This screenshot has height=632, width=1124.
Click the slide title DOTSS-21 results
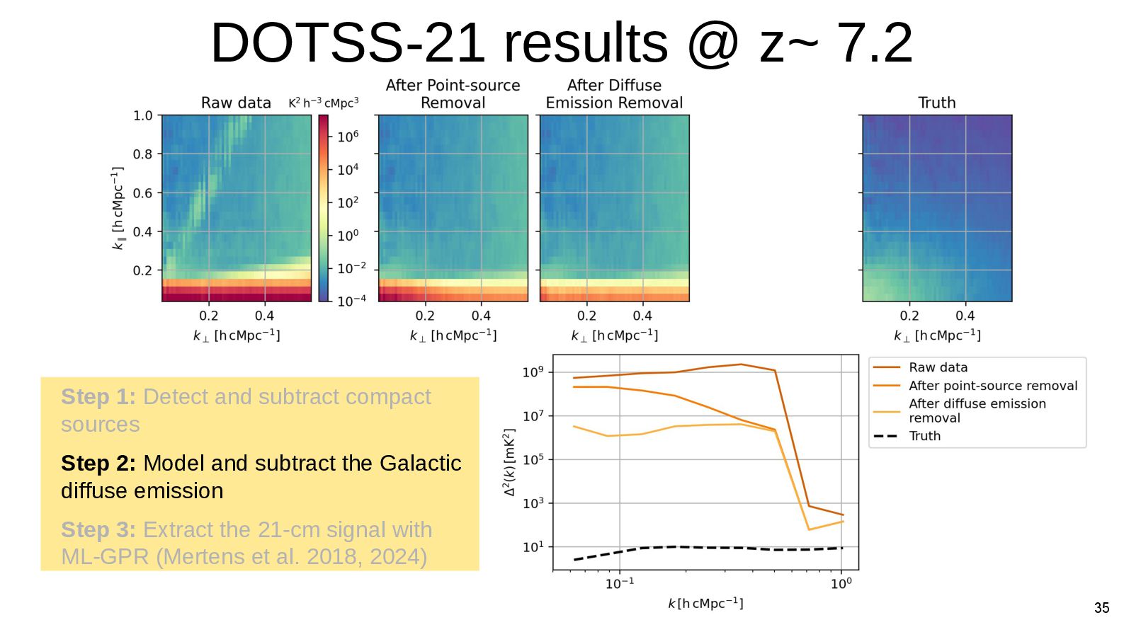pyautogui.click(x=561, y=42)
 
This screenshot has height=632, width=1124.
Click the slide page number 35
pyautogui.click(x=1101, y=608)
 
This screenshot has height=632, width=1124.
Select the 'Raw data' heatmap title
pyautogui.click(x=236, y=103)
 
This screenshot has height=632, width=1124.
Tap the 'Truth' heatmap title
pyautogui.click(x=936, y=103)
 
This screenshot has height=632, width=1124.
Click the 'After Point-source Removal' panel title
pyautogui.click(x=453, y=94)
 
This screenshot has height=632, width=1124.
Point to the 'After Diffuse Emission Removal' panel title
pyautogui.click(x=614, y=94)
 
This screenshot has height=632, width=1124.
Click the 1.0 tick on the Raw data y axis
pyautogui.click(x=143, y=115)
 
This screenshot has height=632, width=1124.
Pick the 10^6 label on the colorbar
pyautogui.click(x=348, y=136)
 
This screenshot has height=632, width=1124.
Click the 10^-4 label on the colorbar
pyautogui.click(x=351, y=301)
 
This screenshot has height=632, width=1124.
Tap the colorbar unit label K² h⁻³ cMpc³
pyautogui.click(x=323, y=103)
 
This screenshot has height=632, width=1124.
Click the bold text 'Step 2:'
pyautogui.click(x=98, y=463)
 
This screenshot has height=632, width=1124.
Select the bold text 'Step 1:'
pyautogui.click(x=98, y=397)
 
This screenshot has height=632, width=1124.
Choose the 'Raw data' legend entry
pyautogui.click(x=938, y=367)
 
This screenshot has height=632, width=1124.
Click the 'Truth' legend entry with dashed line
pyautogui.click(x=924, y=436)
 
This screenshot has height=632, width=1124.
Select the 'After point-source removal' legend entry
pyautogui.click(x=992, y=386)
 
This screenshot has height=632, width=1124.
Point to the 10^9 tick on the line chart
pyautogui.click(x=533, y=372)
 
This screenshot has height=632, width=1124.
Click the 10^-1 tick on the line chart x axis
pyautogui.click(x=620, y=583)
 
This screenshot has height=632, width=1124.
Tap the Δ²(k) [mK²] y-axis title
pyautogui.click(x=509, y=461)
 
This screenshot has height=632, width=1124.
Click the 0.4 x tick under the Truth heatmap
pyautogui.click(x=965, y=316)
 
